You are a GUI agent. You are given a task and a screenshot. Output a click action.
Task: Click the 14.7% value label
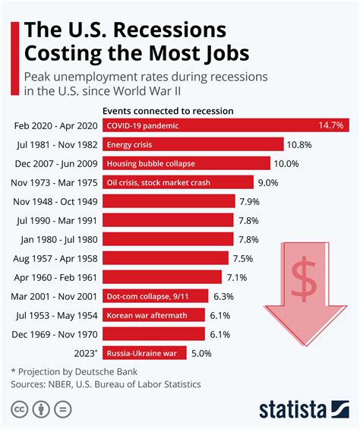332,125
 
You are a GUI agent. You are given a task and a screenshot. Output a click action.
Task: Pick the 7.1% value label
238,276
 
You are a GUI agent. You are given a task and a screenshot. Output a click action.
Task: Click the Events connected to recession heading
169,110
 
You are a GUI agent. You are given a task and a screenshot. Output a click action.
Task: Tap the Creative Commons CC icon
21,409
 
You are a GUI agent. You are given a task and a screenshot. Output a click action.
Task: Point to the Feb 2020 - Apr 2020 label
55,125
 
